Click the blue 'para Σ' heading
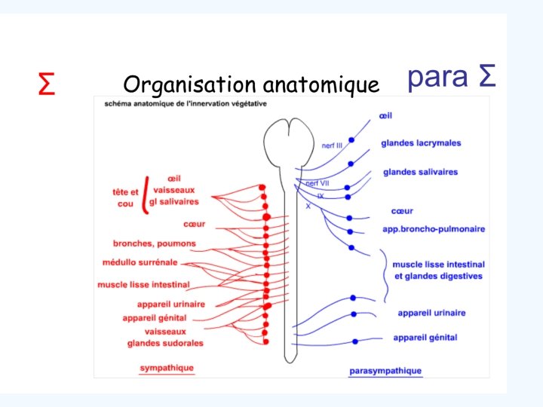[x=451, y=76]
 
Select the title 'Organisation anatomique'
[x=250, y=84]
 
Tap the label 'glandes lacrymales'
[x=421, y=143]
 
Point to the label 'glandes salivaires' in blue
[x=420, y=173]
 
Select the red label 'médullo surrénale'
[x=140, y=262]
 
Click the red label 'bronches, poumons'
[x=154, y=243]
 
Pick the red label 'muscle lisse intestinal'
[x=143, y=285]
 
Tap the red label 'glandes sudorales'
[x=165, y=343]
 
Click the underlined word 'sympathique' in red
[x=167, y=369]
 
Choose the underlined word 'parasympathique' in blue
[x=385, y=371]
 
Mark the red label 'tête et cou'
[x=125, y=197]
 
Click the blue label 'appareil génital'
[x=425, y=338]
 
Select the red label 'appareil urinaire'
[x=171, y=304]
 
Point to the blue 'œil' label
[x=386, y=117]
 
